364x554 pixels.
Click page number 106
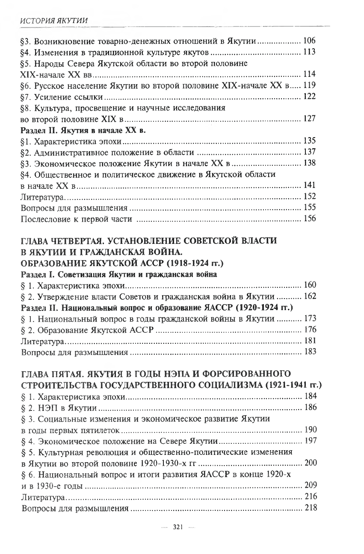[309, 41]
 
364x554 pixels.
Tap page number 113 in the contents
[309, 53]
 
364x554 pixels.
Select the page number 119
[309, 85]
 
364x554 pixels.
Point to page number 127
[309, 119]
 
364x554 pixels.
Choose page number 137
[309, 152]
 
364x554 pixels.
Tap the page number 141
[309, 185]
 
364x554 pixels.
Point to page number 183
[309, 352]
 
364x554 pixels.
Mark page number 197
[309, 441]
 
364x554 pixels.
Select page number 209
[309, 485]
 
